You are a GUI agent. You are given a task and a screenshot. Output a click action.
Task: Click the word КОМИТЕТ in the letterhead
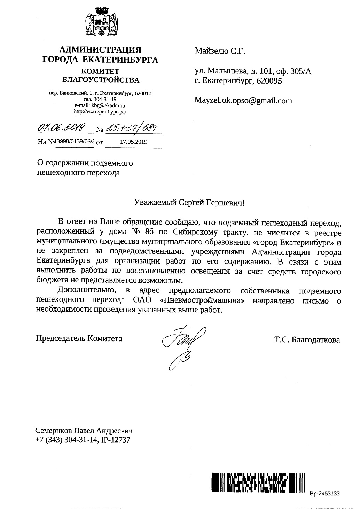click(100, 72)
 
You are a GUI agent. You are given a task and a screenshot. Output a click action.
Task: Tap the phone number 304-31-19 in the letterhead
click(106, 99)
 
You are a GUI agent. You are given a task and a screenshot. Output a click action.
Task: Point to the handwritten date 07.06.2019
click(63, 129)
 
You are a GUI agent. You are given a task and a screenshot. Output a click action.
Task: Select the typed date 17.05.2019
click(133, 142)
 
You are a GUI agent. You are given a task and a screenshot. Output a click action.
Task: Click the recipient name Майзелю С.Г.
click(220, 52)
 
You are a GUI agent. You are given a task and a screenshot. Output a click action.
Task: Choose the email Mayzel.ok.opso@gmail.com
click(243, 101)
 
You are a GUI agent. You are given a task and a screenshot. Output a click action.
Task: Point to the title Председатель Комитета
click(79, 338)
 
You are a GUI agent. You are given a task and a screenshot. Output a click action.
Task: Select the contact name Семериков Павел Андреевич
click(84, 431)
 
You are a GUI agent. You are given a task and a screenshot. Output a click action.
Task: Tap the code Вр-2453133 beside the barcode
click(324, 493)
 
